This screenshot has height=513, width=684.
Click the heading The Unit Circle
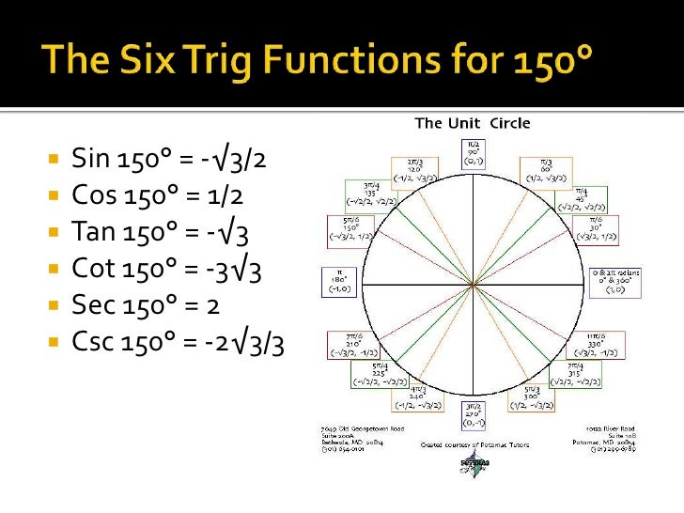(x=473, y=124)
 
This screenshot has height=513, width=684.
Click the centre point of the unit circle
(x=474, y=283)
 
